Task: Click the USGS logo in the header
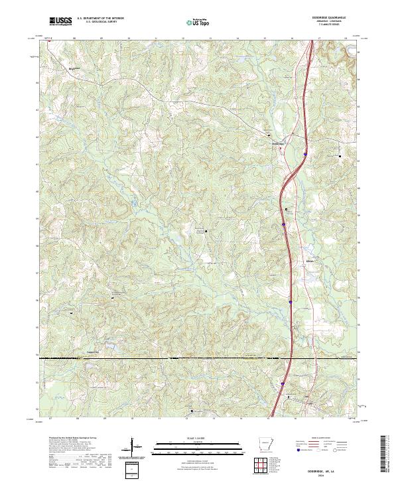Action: pos(61,22)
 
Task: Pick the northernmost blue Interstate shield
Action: pos(304,153)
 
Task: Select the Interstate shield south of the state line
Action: pos(281,383)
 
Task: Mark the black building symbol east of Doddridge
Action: pos(340,157)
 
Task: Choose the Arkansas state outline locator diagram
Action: pos(263,445)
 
